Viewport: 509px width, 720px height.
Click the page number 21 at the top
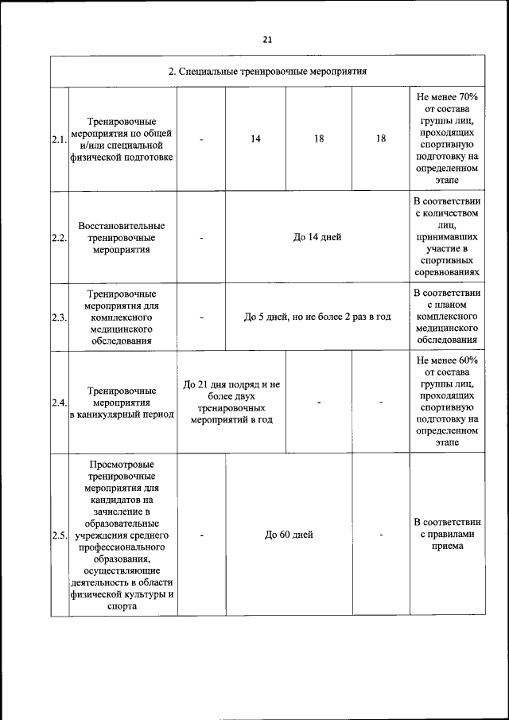pos(266,40)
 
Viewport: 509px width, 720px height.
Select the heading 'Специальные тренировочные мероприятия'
pos(267,72)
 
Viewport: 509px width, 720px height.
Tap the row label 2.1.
pos(58,139)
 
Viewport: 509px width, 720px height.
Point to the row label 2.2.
pos(58,238)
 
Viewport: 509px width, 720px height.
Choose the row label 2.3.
pos(58,317)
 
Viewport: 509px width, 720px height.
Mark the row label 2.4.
pos(58,403)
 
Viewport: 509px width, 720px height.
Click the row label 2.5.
pos(58,535)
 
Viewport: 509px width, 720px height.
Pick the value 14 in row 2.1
pos(255,138)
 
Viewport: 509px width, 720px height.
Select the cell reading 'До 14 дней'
pos(317,237)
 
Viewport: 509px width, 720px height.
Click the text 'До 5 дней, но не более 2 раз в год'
pos(317,317)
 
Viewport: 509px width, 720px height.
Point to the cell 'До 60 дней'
pos(289,535)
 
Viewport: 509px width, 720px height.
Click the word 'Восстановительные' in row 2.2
pos(122,226)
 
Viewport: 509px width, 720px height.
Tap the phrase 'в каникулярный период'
pos(122,414)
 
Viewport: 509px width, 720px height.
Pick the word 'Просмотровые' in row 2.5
pos(122,465)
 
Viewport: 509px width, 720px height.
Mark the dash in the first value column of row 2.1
pos(201,138)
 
